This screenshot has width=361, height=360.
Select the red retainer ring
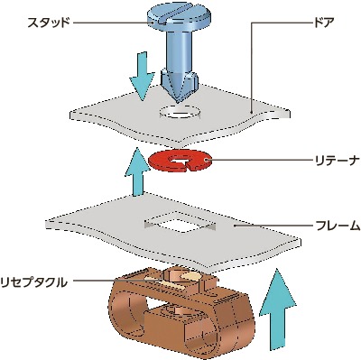tap(179, 162)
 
